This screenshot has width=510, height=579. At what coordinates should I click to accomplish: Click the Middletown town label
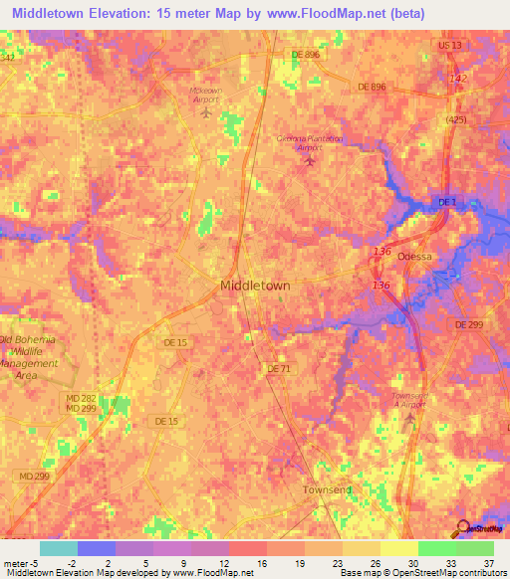pyautogui.click(x=254, y=286)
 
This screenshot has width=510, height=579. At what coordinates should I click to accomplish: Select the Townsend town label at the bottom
pyautogui.click(x=328, y=491)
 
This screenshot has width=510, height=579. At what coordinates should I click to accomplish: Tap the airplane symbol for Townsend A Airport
pyautogui.click(x=409, y=417)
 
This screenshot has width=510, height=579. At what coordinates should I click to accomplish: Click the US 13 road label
pyautogui.click(x=449, y=46)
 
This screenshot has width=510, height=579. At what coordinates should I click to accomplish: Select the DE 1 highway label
pyautogui.click(x=447, y=203)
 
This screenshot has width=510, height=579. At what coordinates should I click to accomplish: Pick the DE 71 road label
pyautogui.click(x=278, y=368)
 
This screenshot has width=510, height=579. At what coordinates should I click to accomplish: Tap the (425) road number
pyautogui.click(x=456, y=120)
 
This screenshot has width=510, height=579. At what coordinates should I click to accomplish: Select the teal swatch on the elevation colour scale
pyautogui.click(x=59, y=548)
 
